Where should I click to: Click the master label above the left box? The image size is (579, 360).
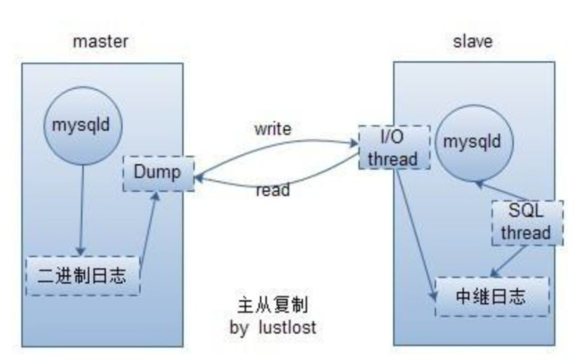(100, 41)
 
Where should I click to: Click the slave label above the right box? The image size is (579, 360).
(472, 41)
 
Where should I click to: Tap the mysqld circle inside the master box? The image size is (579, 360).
(80, 125)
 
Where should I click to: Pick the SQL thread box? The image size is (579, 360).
(527, 222)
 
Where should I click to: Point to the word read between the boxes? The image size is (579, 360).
(272, 191)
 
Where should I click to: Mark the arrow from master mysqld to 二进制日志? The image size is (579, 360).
(81, 212)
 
